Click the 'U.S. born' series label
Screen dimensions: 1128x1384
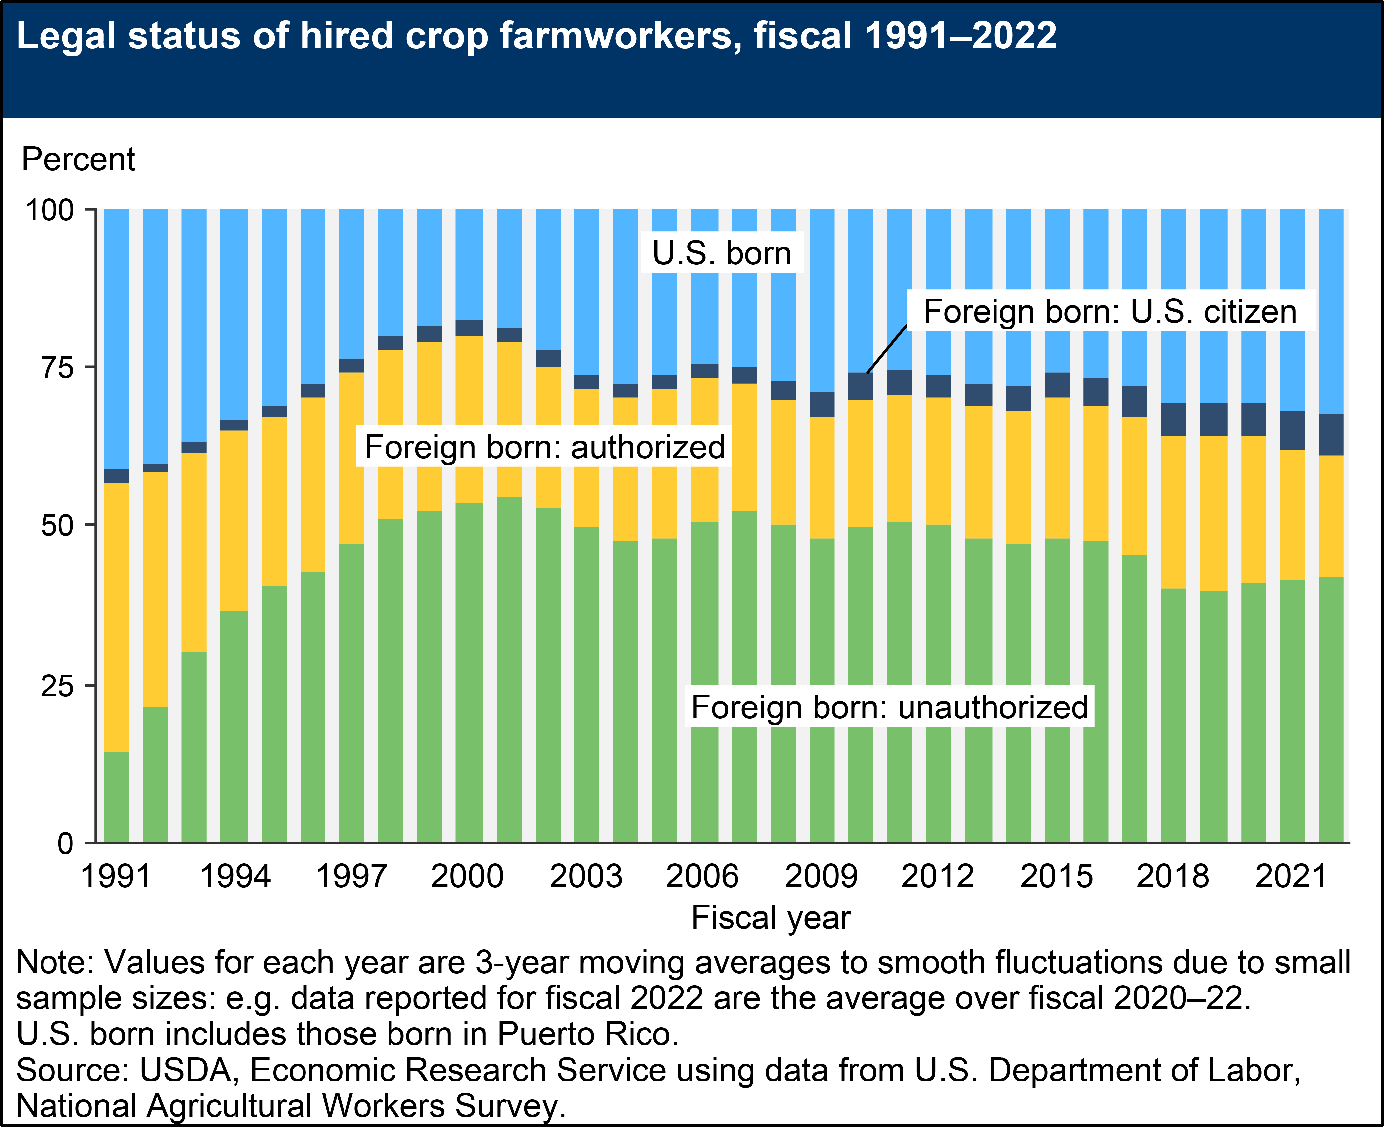click(722, 253)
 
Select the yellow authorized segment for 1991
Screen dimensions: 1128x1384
click(116, 617)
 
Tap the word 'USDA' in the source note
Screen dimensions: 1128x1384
click(186, 1070)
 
